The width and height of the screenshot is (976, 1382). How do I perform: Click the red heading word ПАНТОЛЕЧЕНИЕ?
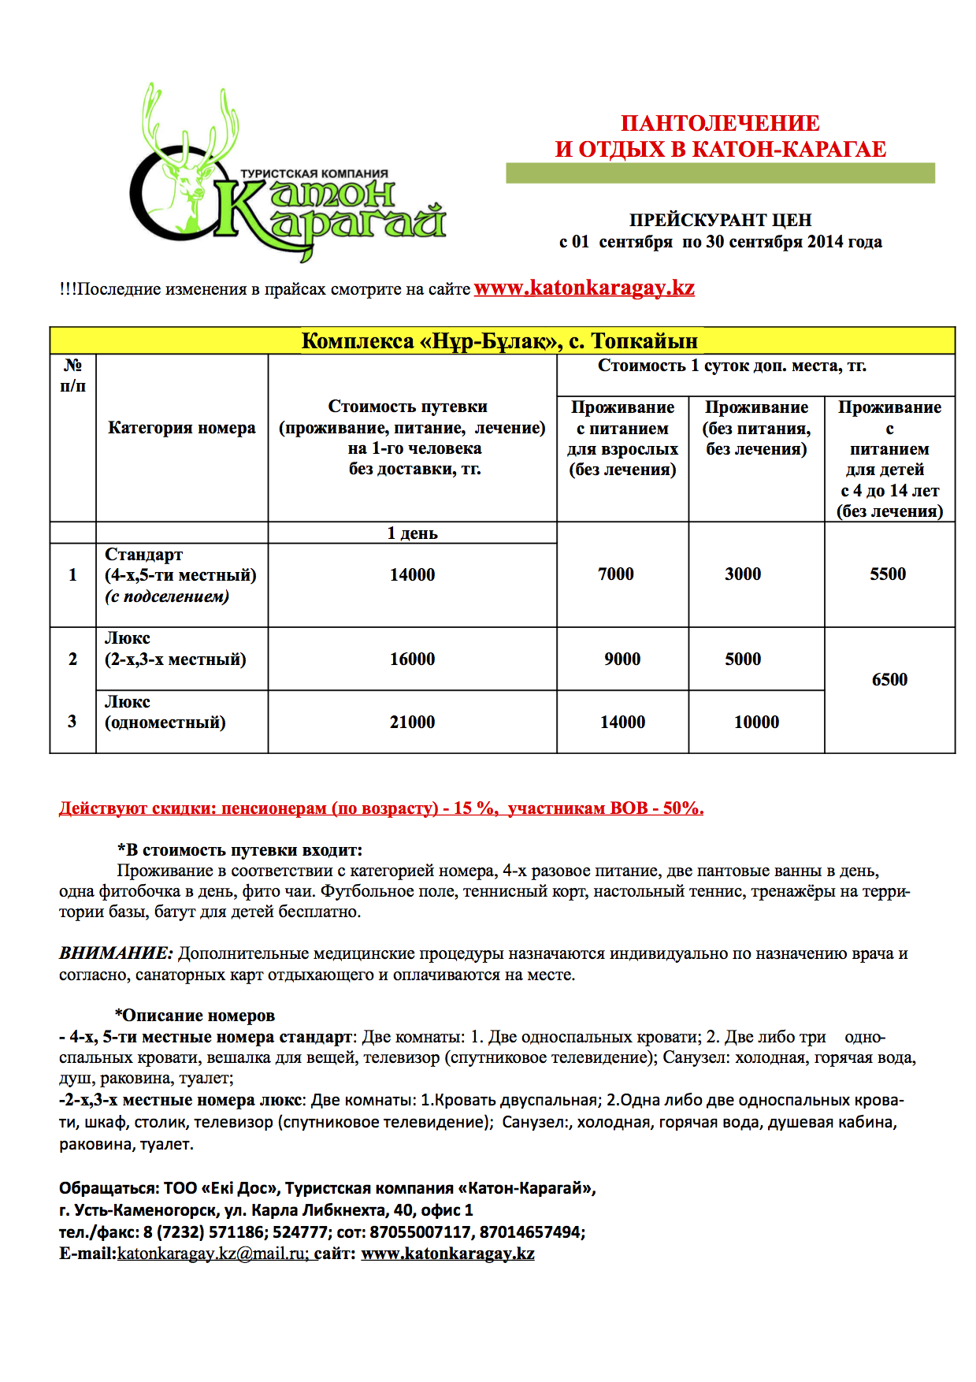tap(720, 124)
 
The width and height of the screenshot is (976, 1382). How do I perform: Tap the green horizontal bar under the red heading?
tap(720, 173)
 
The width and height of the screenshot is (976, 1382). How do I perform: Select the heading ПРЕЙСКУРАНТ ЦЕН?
tap(720, 221)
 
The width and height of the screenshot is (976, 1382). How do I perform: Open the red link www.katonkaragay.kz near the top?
tap(584, 288)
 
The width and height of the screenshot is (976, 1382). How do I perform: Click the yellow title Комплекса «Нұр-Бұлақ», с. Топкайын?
tap(499, 341)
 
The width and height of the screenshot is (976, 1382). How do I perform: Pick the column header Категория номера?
tap(181, 428)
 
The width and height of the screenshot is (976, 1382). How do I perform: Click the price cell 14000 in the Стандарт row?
tap(412, 575)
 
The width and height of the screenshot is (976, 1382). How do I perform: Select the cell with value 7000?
tap(615, 574)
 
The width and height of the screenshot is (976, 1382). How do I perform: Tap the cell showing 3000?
tap(743, 574)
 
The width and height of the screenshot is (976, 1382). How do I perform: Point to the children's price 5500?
tap(888, 574)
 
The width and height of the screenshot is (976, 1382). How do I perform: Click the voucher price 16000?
tap(412, 659)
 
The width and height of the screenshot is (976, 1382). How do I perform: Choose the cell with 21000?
tap(412, 723)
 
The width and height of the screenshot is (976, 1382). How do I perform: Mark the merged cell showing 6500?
tap(889, 680)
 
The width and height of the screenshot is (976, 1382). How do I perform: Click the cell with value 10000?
tap(756, 723)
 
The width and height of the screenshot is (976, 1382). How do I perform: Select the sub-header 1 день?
tap(412, 533)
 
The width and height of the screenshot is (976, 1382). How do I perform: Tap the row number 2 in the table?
tap(72, 659)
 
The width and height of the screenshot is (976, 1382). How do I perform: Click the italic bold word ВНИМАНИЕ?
tap(116, 953)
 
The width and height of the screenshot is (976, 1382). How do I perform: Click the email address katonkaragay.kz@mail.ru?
tap(211, 1254)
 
